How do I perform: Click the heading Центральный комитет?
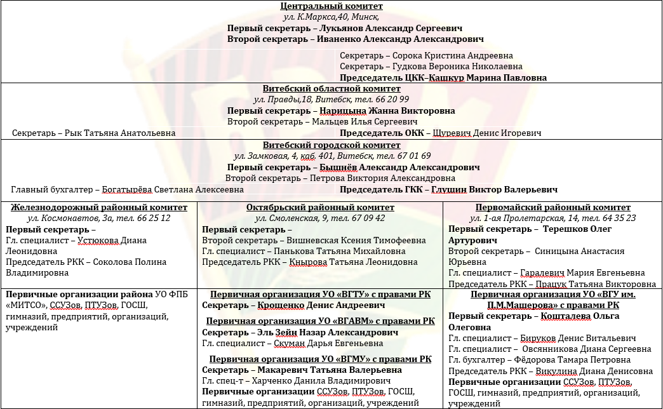click(x=331, y=6)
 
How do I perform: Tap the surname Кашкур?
click(x=447, y=78)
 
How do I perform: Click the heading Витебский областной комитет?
click(x=331, y=89)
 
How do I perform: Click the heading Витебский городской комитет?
click(x=331, y=145)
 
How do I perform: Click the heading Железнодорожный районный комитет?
click(x=99, y=208)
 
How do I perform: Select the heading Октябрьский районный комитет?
click(x=320, y=208)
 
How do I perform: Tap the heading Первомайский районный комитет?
click(x=552, y=208)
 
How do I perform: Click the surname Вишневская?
click(x=319, y=240)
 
